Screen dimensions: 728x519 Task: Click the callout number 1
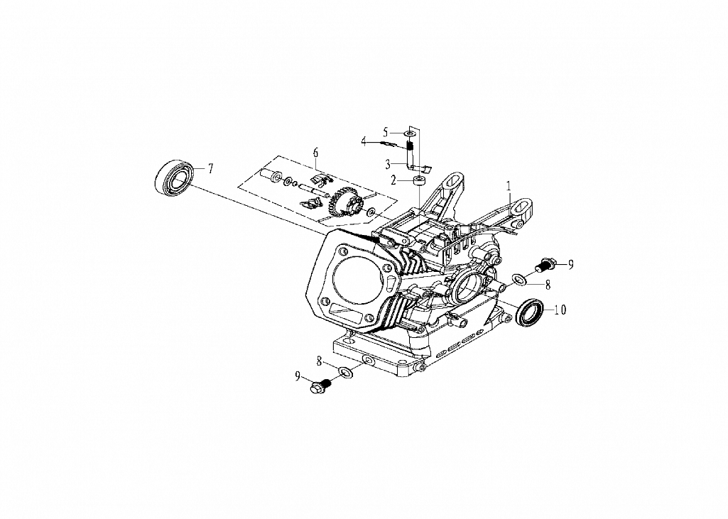(x=509, y=186)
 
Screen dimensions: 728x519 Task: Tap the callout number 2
(x=393, y=180)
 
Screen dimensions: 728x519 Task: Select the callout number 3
(x=387, y=164)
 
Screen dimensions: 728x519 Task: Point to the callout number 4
(x=364, y=141)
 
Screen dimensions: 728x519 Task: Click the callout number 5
(x=386, y=131)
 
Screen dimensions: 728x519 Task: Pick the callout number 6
(x=316, y=152)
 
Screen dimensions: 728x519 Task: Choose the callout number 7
(x=210, y=168)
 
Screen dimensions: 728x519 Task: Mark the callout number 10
(x=560, y=310)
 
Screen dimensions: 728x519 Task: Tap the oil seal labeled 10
(x=530, y=311)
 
